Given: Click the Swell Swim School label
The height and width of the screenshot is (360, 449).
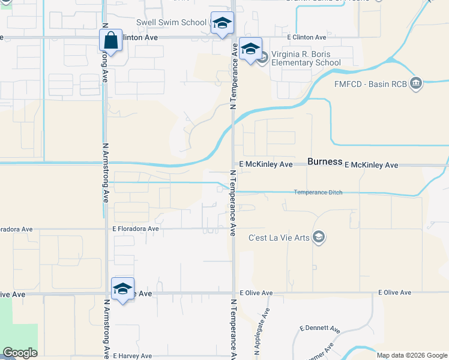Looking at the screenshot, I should click(x=171, y=23).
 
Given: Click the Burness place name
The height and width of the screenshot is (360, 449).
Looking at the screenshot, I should click(x=325, y=162).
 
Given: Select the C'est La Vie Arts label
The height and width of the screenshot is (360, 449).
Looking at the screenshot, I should click(x=279, y=238).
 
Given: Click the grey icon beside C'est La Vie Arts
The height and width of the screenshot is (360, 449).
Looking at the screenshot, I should click(x=319, y=238).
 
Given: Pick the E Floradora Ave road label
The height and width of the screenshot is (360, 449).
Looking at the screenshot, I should click(x=135, y=229).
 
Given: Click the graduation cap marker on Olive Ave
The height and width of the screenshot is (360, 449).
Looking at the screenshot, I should click(x=122, y=289).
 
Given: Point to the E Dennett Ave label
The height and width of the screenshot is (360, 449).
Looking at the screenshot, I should click(x=319, y=329).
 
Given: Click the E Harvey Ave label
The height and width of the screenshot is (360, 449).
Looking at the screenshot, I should click(x=132, y=356).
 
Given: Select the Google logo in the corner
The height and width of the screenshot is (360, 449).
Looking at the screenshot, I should click(x=20, y=353).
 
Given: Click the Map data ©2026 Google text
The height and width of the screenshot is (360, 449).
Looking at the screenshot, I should click(x=412, y=355).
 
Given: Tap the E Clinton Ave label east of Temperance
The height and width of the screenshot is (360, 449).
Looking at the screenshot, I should click(x=306, y=37).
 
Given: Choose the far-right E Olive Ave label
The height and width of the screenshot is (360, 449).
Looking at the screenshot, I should click(x=394, y=293).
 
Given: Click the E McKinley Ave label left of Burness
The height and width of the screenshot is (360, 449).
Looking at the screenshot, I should click(x=265, y=164).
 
